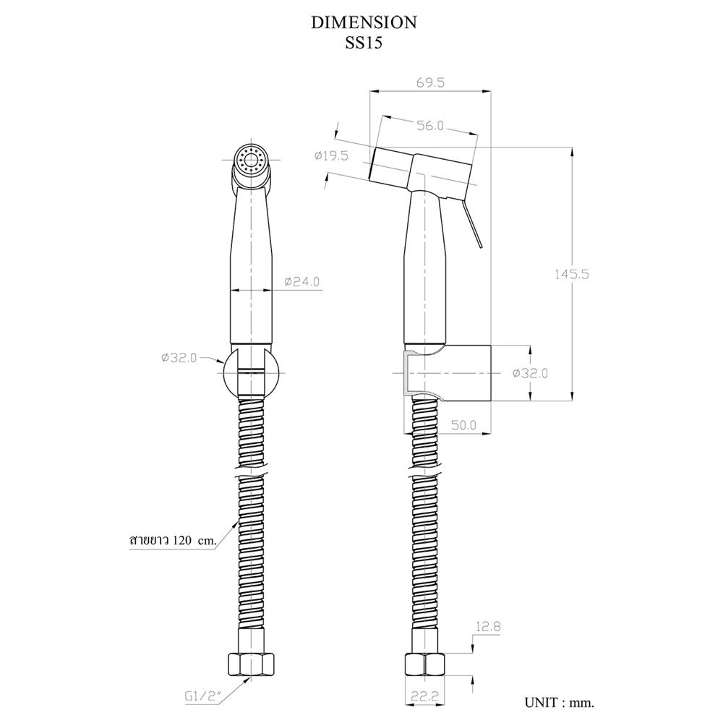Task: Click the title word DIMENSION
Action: coord(364,22)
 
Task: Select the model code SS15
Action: coord(364,43)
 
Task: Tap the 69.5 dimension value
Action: coord(429,82)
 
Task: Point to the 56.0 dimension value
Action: coord(429,125)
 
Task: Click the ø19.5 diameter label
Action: coord(331,156)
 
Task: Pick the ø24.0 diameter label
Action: coord(301,281)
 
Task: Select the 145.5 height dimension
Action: coord(571,274)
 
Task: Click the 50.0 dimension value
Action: coord(463,424)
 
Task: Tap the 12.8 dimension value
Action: coord(488,627)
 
